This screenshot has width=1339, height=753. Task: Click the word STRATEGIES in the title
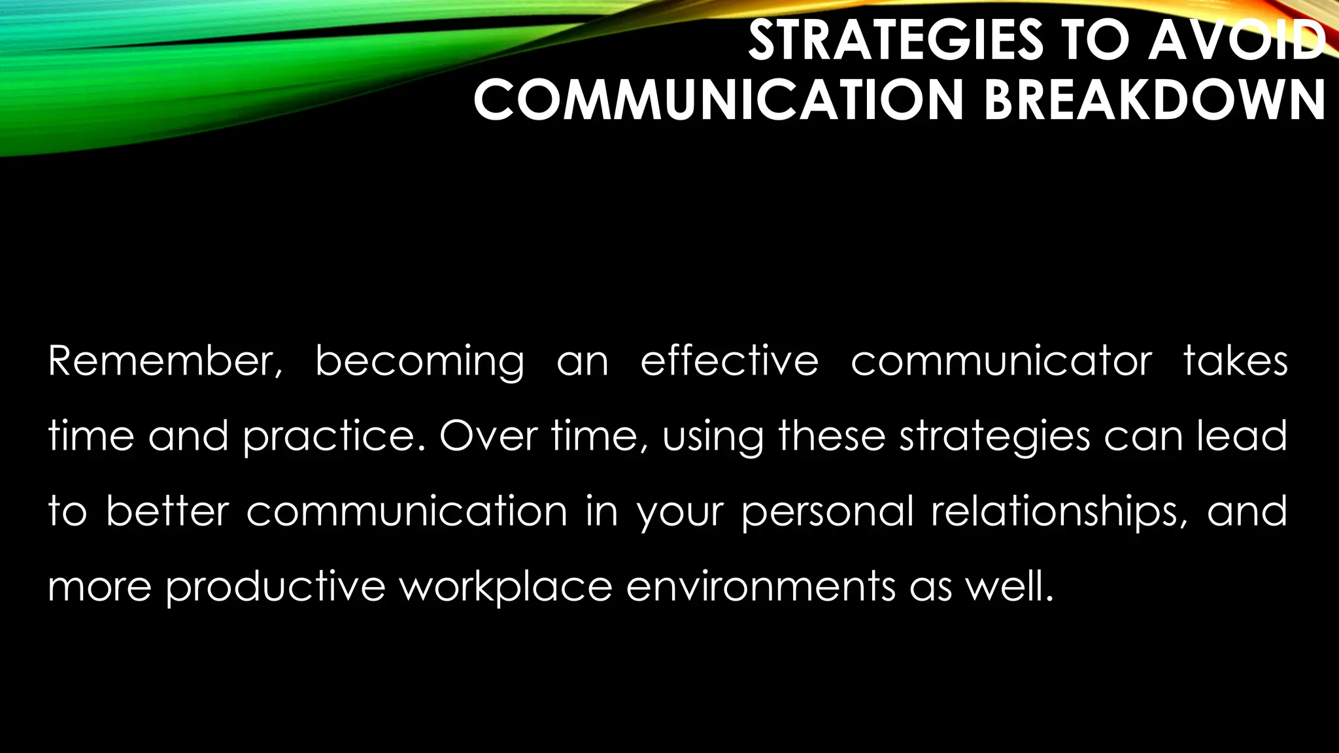[896, 41]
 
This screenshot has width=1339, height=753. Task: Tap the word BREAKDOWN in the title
[1154, 100]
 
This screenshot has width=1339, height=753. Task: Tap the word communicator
[1001, 361]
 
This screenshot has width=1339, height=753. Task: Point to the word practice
[333, 437]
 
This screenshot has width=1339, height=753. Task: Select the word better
[167, 510]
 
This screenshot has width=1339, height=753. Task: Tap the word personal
[828, 512]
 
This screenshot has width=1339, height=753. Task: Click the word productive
[275, 587]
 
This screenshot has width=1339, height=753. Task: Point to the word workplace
[505, 587]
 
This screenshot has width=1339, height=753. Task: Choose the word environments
[761, 586]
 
